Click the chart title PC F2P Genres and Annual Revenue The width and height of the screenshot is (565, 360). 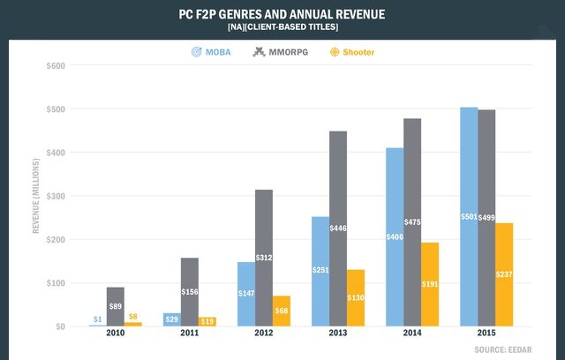282,15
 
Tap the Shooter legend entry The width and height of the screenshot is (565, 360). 352,52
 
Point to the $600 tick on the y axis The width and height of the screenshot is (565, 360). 54,65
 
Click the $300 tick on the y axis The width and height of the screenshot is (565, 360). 54,196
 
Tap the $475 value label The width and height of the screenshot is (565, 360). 412,221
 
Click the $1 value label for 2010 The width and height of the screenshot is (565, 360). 98,319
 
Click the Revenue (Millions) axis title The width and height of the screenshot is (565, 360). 36,196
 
